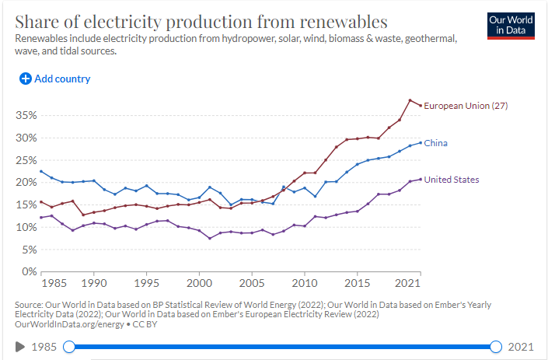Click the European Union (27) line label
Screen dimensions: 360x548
point(465,106)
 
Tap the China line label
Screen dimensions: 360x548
point(435,143)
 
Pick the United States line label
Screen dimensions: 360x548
point(451,180)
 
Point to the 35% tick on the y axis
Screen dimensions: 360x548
point(26,115)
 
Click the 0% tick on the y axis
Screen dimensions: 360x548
point(30,271)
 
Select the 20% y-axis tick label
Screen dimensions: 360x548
point(26,182)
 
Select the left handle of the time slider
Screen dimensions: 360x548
point(69,346)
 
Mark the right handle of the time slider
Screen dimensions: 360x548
point(497,346)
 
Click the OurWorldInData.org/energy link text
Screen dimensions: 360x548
point(69,323)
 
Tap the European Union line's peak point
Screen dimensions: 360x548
point(410,100)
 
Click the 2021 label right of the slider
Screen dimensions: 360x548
point(522,346)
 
